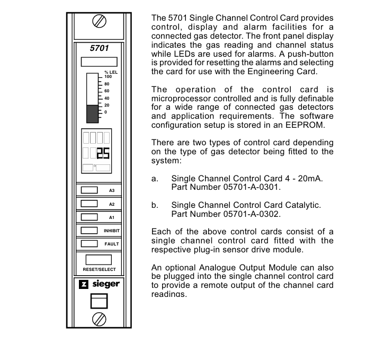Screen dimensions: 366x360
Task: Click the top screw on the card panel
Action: tap(99, 21)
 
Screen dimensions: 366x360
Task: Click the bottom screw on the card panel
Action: tap(99, 319)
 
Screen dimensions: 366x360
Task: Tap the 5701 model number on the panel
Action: tap(99, 48)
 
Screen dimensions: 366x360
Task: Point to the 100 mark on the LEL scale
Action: tap(108, 77)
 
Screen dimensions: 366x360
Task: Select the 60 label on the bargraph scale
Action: tap(106, 91)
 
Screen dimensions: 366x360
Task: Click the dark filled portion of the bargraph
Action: tap(93, 114)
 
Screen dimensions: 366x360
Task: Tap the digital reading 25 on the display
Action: tap(103, 153)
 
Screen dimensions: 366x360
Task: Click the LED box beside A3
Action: tap(89, 190)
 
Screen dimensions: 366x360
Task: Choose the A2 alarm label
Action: tap(112, 204)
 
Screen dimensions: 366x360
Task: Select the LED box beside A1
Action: tap(89, 217)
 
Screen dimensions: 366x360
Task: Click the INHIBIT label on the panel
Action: tap(112, 231)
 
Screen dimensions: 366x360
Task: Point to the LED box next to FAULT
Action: tap(89, 244)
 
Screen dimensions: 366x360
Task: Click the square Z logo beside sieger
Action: tap(84, 284)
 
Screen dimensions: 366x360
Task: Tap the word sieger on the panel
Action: tap(106, 284)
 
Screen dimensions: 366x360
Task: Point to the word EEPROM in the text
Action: tap(304, 125)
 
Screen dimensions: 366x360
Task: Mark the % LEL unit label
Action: tap(111, 72)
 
